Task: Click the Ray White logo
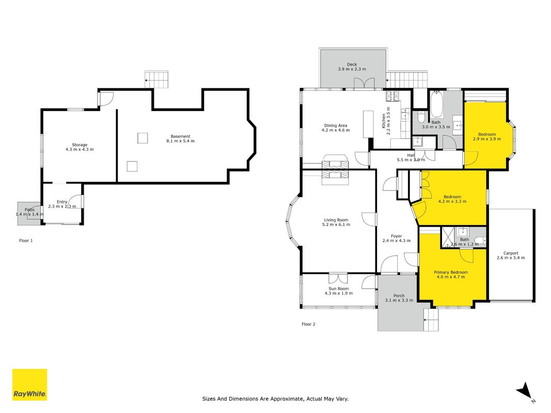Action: click(x=29, y=385)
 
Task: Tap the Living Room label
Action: click(x=336, y=220)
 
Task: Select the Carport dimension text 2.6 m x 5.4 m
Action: click(x=511, y=258)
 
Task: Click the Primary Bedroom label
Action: click(x=450, y=272)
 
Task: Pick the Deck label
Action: click(x=352, y=64)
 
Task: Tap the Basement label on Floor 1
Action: click(x=180, y=136)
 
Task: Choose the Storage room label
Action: click(x=80, y=145)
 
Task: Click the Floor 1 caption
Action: click(x=26, y=241)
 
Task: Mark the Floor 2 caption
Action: click(x=308, y=324)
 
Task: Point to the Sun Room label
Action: click(x=339, y=289)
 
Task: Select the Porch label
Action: click(x=399, y=296)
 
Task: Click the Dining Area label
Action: click(x=336, y=125)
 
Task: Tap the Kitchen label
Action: click(x=384, y=121)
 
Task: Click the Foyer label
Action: click(x=397, y=236)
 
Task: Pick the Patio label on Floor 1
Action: click(x=29, y=210)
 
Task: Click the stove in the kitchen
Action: click(x=392, y=95)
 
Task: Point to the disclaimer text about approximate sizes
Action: click(x=275, y=399)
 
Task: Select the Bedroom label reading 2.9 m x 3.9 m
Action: click(x=486, y=134)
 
